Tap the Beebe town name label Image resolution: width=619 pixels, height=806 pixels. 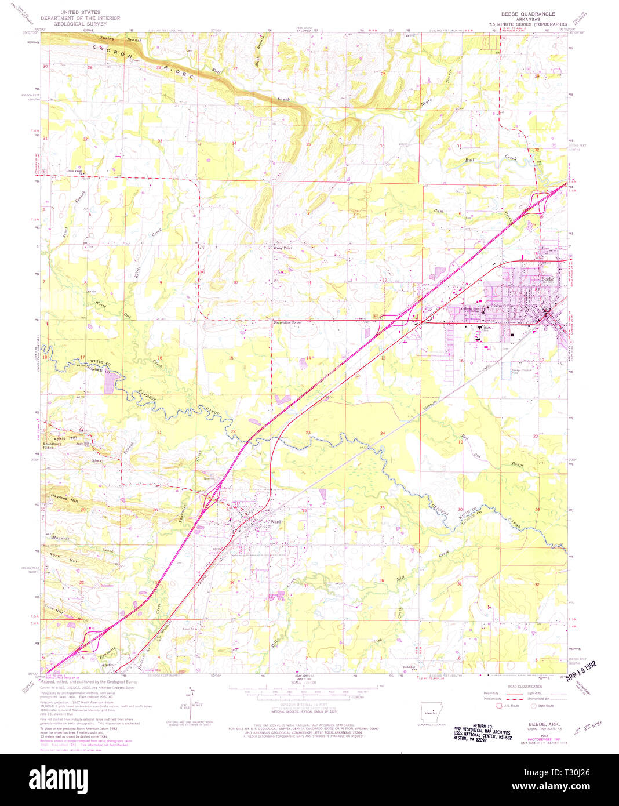(x=548, y=279)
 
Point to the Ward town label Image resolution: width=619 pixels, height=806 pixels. (x=275, y=521)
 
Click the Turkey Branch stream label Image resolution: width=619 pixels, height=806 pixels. (x=114, y=38)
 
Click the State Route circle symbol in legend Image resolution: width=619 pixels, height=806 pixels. (x=534, y=706)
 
